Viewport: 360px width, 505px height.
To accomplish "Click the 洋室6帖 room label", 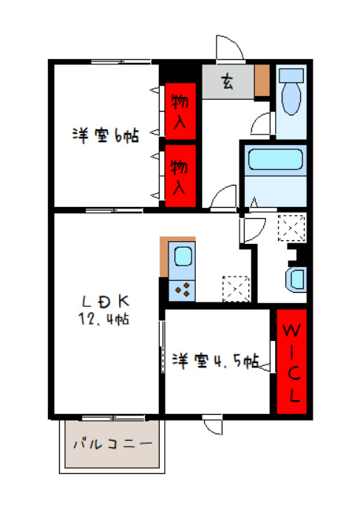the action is coord(106,135).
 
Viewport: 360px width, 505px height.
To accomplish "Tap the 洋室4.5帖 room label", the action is coord(216,360).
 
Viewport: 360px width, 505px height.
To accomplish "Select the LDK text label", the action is coord(106,302).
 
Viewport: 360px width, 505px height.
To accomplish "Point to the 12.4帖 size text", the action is coord(103,319).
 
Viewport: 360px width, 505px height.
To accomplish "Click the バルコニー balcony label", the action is coord(112,444).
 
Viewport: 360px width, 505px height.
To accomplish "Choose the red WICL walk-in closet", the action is coord(291,362).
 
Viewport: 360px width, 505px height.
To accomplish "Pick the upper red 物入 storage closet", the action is coord(180,111).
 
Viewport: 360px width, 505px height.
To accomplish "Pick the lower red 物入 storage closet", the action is coord(180,176).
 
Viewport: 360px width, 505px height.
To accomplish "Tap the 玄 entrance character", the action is coord(228,82).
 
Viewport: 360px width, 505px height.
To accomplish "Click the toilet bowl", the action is coord(291,98).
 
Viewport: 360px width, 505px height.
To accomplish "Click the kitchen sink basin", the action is coord(183,257).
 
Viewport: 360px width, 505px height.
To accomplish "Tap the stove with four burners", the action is coord(182,290).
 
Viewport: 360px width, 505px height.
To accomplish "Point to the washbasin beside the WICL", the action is coord(296,279).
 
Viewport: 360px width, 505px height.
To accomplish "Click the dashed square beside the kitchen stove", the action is coord(236,289).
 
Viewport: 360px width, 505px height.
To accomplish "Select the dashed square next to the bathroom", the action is coord(291,228).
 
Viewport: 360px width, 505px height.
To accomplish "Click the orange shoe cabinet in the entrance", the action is coord(262,80).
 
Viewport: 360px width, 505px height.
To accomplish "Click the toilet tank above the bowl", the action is coord(291,75).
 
